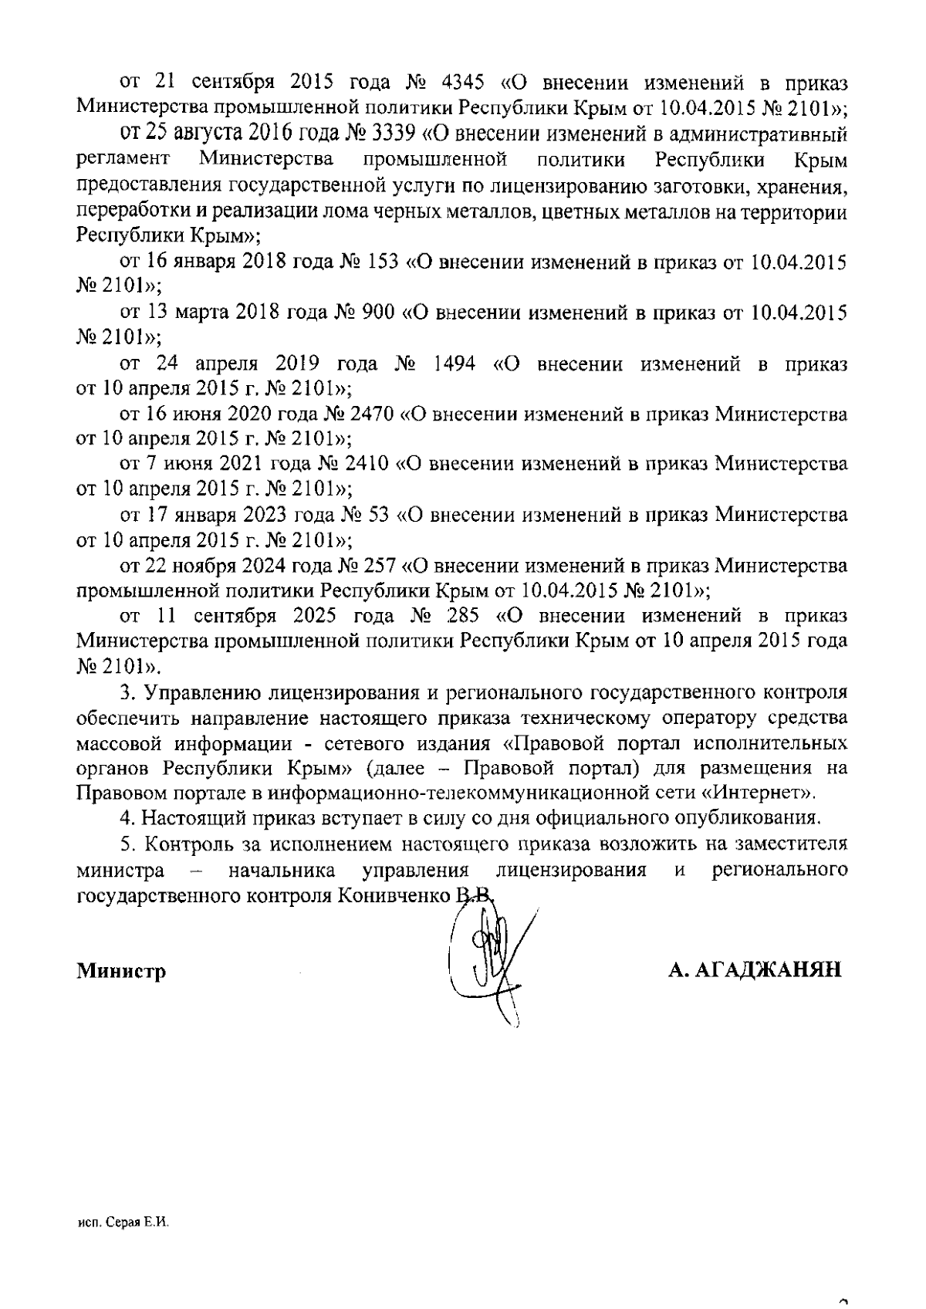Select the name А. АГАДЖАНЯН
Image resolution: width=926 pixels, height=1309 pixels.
pos(754,970)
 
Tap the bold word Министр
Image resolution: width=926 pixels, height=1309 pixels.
pos(121,971)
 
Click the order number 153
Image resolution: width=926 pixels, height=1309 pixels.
pos(379,262)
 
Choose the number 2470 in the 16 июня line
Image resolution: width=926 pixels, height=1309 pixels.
pos(373,414)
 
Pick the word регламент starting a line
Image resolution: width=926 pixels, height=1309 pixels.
pos(123,161)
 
